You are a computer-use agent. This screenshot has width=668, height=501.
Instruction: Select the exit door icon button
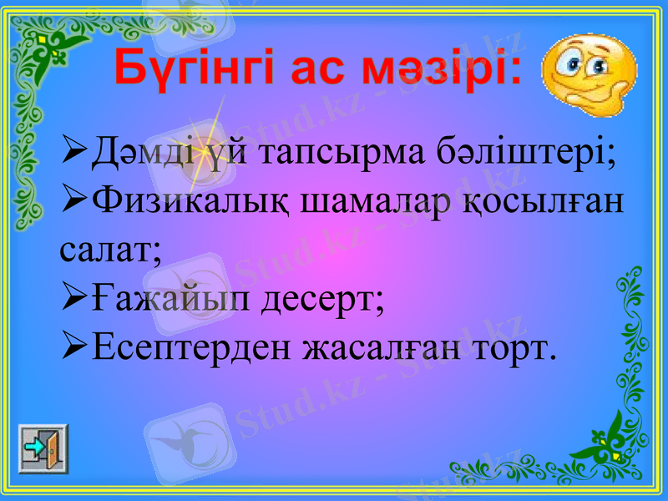point(43,448)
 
